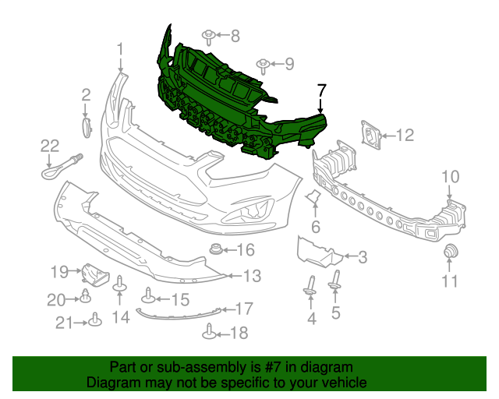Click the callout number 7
point(321,91)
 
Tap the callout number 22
point(50,144)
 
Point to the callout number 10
point(451,177)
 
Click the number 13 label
point(251,275)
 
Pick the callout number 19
point(60,272)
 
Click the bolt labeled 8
point(209,36)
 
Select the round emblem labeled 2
point(86,125)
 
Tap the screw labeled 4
point(310,287)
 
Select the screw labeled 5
point(335,281)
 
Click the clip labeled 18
point(209,332)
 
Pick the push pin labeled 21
point(94,320)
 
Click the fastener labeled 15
point(148,297)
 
